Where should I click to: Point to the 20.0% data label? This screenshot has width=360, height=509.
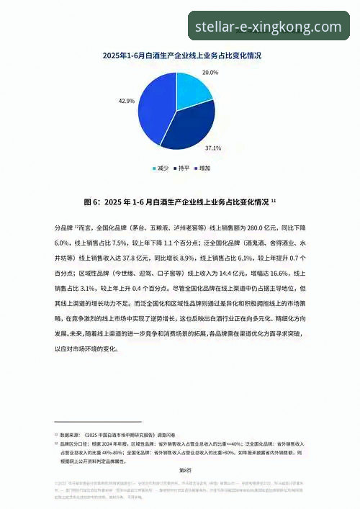click(210, 73)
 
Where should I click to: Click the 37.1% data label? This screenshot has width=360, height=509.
click(212, 148)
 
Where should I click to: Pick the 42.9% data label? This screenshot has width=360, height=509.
click(127, 102)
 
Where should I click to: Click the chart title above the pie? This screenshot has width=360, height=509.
click(181, 55)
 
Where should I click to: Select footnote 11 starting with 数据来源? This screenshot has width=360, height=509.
click(108, 436)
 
